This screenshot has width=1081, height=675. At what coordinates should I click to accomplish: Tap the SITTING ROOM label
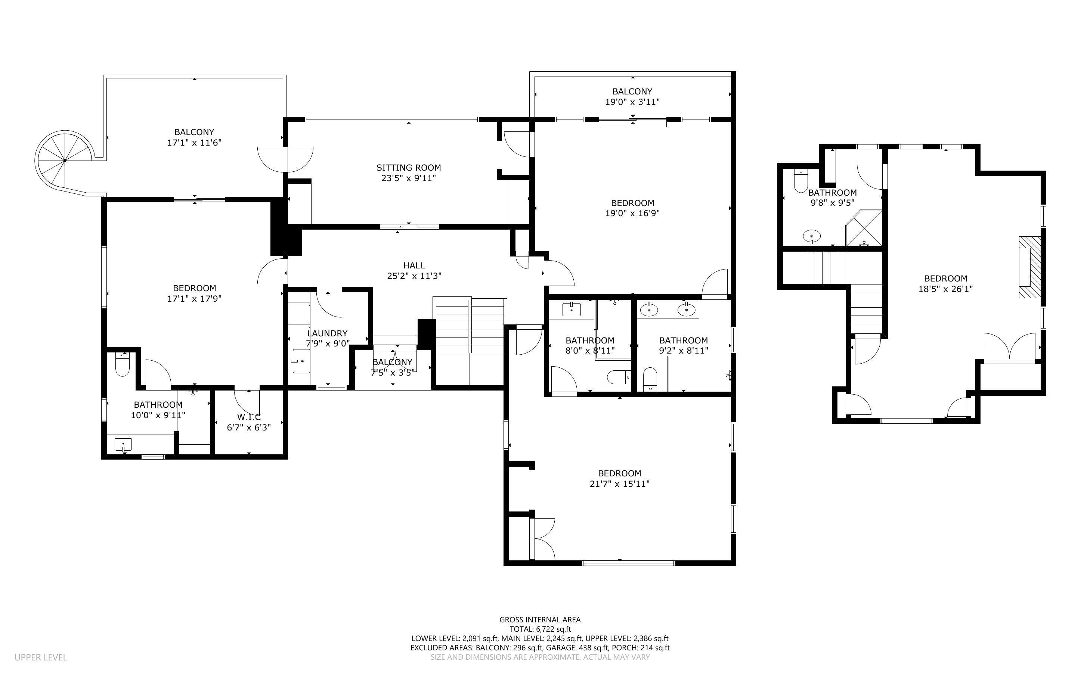coord(408,168)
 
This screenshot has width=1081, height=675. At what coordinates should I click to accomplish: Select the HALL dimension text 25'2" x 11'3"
coord(414,276)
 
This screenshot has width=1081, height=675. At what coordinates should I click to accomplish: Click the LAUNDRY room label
coord(327,333)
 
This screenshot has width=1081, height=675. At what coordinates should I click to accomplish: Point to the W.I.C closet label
coord(249,417)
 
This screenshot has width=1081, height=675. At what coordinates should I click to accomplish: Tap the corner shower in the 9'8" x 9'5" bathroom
coord(864,228)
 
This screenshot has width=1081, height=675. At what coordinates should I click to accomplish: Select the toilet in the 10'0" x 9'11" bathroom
coord(122,365)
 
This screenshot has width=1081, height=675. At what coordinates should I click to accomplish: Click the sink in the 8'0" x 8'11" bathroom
coord(571,308)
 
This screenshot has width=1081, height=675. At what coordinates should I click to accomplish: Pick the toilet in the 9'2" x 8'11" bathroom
coord(650,379)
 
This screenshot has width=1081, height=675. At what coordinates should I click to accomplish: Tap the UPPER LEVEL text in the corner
coord(41,657)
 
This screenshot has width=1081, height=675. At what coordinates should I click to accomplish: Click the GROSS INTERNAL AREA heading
coord(539,620)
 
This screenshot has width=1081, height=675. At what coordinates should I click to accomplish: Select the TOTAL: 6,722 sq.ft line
coord(540,629)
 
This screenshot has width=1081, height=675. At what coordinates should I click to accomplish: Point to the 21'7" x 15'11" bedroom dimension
coord(619,484)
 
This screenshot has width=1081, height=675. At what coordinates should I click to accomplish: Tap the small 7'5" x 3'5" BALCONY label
coord(392,362)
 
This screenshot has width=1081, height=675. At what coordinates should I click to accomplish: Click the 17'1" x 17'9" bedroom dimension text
coord(194,299)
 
